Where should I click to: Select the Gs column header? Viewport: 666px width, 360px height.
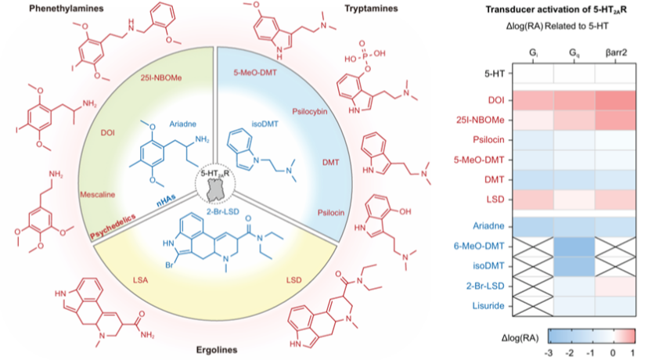[575, 52]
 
